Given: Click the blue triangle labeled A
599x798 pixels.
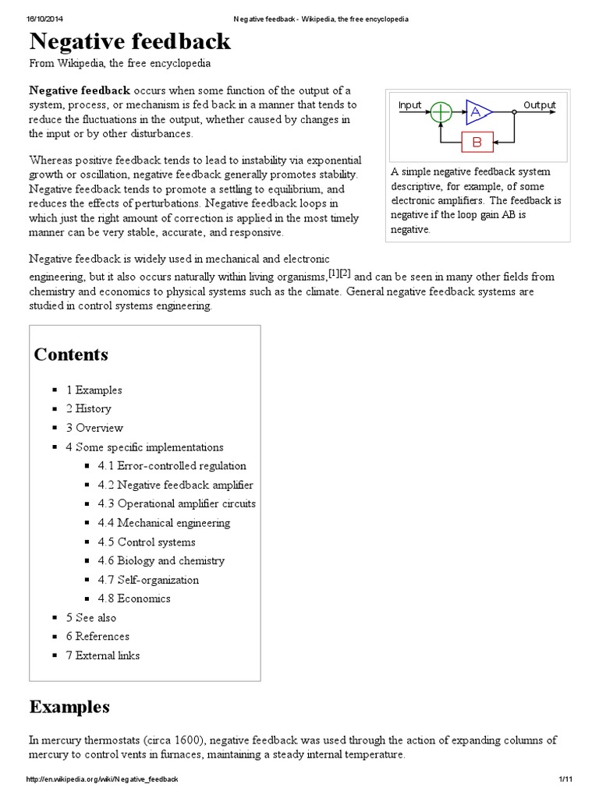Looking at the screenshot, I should (x=477, y=113).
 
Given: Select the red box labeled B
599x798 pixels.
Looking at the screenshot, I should (x=477, y=142).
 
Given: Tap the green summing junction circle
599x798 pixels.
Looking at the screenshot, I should (x=441, y=113).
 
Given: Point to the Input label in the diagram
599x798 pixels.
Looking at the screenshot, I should (x=409, y=104).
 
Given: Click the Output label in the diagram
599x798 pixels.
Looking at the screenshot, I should (x=540, y=104).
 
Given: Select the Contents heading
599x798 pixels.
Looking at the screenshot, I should (x=71, y=355).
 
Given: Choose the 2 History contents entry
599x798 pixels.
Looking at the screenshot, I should (x=88, y=408).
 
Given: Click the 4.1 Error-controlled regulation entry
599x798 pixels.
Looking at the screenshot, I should (x=172, y=466).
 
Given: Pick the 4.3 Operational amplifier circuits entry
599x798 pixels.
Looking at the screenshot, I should (x=176, y=503).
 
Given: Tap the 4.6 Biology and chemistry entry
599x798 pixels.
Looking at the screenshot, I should (x=161, y=560).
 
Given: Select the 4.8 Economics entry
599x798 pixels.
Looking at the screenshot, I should (x=133, y=598).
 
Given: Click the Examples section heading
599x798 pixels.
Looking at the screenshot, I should (x=69, y=707).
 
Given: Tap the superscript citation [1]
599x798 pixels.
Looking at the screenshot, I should (x=334, y=274).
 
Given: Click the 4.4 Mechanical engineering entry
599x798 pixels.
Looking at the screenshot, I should (x=164, y=523).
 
